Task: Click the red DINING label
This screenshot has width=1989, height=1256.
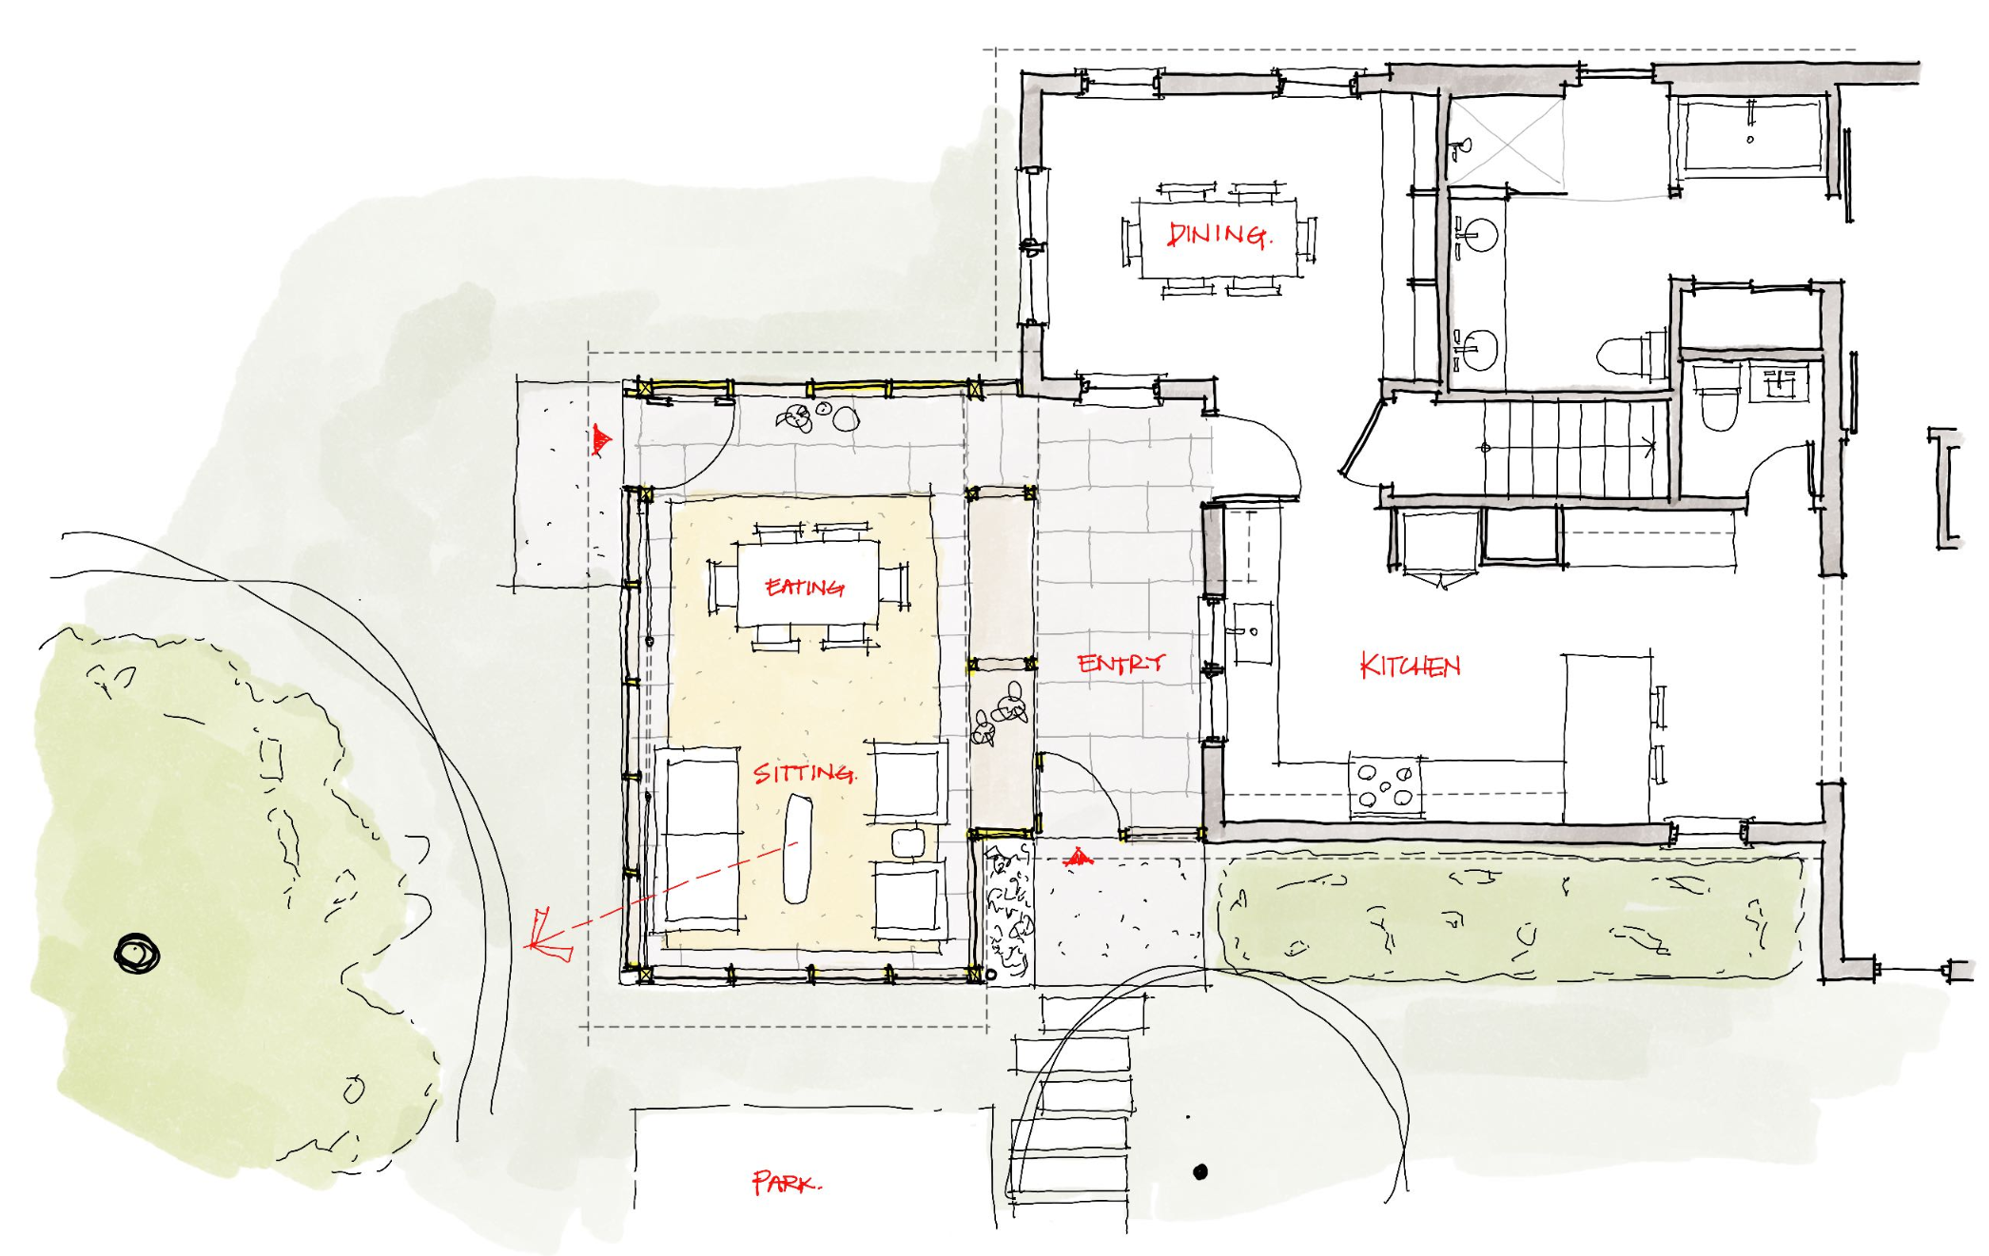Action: pyautogui.click(x=1218, y=235)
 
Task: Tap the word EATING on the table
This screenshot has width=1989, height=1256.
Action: pyautogui.click(x=805, y=588)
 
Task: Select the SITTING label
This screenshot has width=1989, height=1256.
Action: pyautogui.click(x=805, y=773)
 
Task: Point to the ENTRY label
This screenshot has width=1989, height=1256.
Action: pyautogui.click(x=1121, y=663)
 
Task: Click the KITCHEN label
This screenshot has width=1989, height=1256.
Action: pyautogui.click(x=1410, y=666)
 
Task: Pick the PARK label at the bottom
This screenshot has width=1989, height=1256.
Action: pyautogui.click(x=786, y=1183)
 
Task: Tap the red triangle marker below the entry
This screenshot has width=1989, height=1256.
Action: pyautogui.click(x=1077, y=859)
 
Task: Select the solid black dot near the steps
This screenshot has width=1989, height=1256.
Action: pyautogui.click(x=1200, y=1172)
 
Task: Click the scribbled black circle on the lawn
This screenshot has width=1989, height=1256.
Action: pyautogui.click(x=137, y=954)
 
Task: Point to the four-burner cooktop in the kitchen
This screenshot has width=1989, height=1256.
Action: pyautogui.click(x=1385, y=785)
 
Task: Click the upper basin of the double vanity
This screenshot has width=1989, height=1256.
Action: pyautogui.click(x=1478, y=235)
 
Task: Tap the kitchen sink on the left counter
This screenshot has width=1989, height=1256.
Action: pyautogui.click(x=1252, y=632)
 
